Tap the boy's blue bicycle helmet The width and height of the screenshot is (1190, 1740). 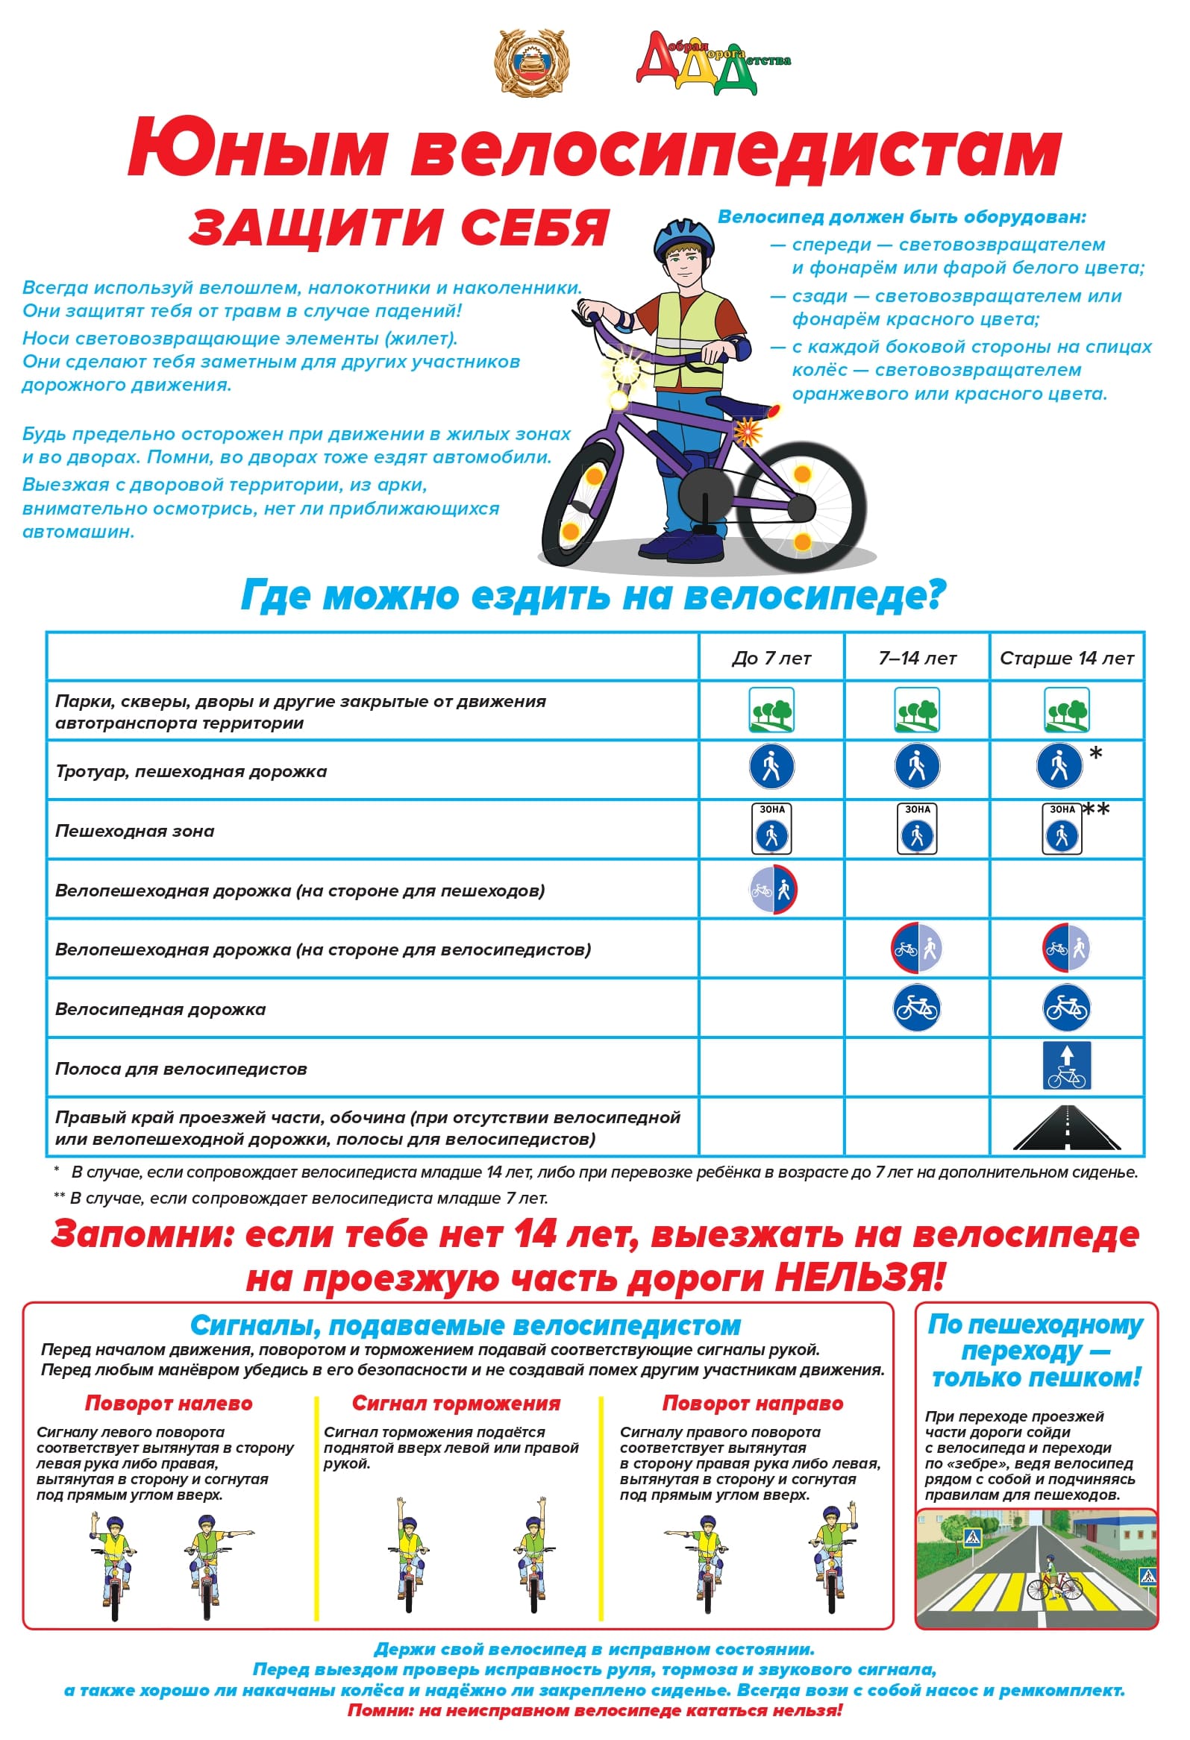[x=681, y=238]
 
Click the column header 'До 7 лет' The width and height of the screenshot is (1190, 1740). [x=771, y=658]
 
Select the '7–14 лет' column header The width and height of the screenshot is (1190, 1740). [x=917, y=658]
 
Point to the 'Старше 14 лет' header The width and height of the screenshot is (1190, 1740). [x=1066, y=658]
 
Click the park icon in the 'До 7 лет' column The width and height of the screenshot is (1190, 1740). [x=771, y=711]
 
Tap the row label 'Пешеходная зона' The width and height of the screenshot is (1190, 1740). [x=135, y=830]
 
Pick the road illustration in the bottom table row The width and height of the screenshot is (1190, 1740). [x=1066, y=1128]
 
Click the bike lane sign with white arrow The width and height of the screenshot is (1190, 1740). [x=1066, y=1066]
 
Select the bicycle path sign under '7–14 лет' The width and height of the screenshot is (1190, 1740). [x=917, y=1008]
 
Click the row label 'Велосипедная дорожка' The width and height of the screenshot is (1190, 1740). [x=160, y=1009]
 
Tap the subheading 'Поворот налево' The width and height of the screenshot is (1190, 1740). [x=169, y=1403]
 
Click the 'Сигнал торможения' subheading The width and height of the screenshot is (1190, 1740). [x=456, y=1403]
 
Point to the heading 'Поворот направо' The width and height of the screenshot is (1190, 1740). [x=753, y=1403]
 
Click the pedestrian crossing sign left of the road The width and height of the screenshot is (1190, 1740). [x=972, y=1539]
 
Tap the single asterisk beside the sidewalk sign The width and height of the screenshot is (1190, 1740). [x=1096, y=753]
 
